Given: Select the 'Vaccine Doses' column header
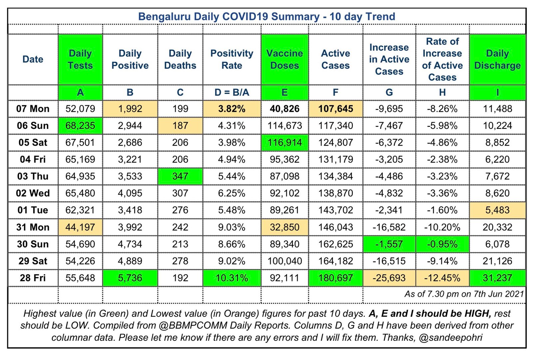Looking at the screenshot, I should [284, 59].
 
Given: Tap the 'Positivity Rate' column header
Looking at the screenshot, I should [232, 59].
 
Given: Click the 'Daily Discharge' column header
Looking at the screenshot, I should [497, 59].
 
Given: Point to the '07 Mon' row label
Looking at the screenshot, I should [33, 109].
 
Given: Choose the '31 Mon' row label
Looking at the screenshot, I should [33, 227].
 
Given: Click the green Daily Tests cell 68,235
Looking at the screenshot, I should [80, 126].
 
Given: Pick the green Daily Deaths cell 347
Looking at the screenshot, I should [180, 177].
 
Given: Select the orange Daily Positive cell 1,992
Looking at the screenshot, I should [130, 109].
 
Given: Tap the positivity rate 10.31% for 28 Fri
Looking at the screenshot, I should [232, 278].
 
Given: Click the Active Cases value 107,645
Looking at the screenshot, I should [335, 109].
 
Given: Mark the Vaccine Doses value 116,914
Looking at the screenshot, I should [284, 143].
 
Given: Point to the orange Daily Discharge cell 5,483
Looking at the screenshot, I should [497, 210].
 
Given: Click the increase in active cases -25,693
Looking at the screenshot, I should [389, 278].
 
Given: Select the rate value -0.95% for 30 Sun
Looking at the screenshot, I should [442, 244].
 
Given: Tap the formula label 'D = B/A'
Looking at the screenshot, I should [232, 93].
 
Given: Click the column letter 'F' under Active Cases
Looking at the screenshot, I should [335, 93].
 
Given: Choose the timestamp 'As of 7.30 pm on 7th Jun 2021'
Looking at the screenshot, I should [464, 294].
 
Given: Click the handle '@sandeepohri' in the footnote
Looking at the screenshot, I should [450, 338].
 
